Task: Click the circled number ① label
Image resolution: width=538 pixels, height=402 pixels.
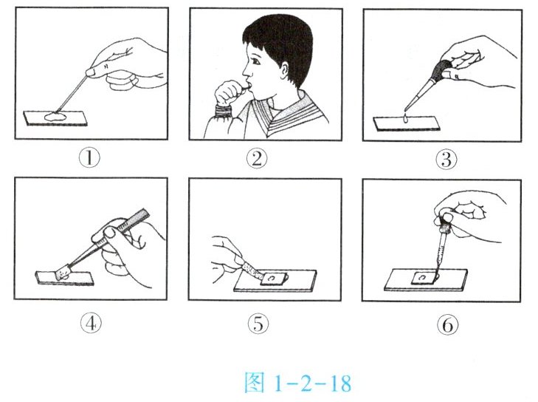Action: coord(89,158)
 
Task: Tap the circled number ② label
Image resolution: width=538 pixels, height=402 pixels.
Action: coord(257,159)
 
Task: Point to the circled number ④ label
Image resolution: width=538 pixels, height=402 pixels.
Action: coord(91,324)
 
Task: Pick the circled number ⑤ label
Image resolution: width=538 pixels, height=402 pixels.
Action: coord(258,324)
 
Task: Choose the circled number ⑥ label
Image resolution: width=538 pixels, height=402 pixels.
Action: coord(448,324)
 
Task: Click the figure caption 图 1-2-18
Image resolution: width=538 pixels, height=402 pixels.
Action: coord(298,382)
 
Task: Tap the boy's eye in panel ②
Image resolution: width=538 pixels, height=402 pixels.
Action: coord(255,62)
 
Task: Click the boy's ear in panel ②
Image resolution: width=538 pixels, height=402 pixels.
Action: coord(283,69)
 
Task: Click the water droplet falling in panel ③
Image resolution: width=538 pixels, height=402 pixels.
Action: coord(406,118)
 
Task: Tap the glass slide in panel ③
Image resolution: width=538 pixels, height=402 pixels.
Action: coord(407,123)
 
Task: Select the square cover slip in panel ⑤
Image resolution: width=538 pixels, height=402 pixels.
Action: coord(274,278)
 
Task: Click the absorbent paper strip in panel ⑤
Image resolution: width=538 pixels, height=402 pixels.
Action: coord(252,269)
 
